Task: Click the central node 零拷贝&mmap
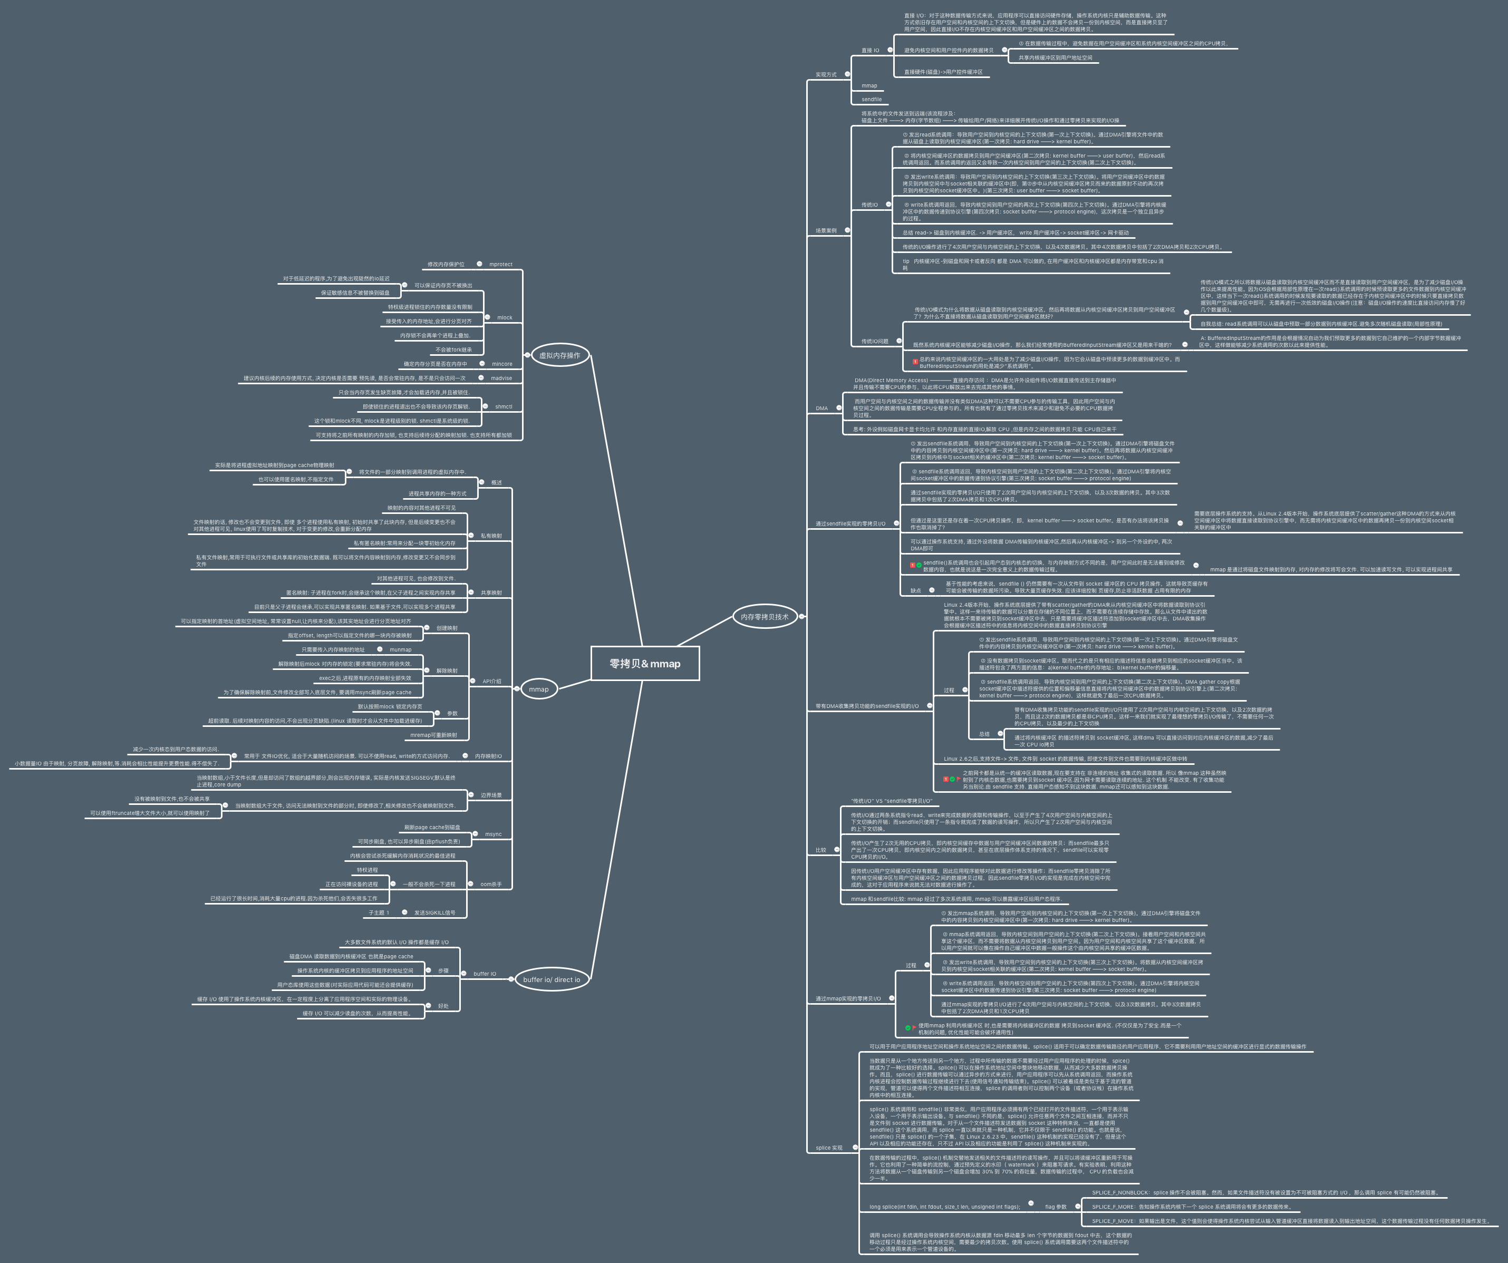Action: point(644,664)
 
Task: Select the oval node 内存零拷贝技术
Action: point(764,616)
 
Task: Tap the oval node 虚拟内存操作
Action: point(559,355)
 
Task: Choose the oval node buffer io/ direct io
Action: point(551,979)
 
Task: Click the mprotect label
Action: point(500,264)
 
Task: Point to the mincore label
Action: point(502,364)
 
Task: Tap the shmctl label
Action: point(504,406)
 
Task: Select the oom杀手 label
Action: point(491,885)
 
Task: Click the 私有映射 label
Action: point(491,536)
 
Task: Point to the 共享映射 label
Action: point(491,593)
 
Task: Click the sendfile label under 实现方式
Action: point(871,99)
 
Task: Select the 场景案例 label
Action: point(826,230)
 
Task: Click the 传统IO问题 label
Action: point(875,341)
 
